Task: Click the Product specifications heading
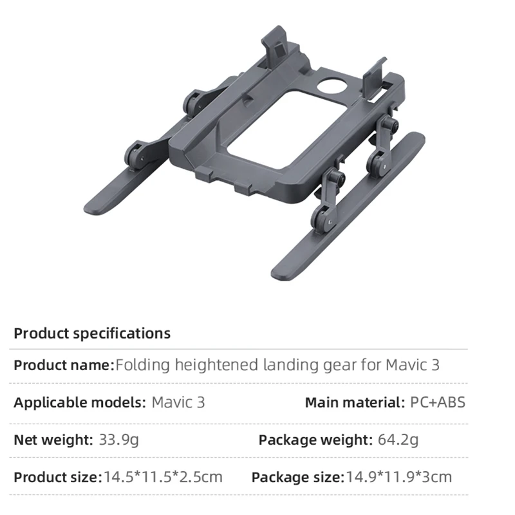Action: tap(92, 333)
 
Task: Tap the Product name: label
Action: tap(64, 365)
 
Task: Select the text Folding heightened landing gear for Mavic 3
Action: tap(277, 365)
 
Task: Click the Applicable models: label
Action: tap(80, 403)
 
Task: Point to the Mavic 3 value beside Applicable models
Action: tap(178, 403)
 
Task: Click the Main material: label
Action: tap(355, 403)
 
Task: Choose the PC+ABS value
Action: tap(438, 403)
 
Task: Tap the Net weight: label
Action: tap(53, 440)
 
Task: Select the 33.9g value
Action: tap(118, 440)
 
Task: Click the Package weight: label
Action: tap(315, 440)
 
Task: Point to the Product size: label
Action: tap(58, 477)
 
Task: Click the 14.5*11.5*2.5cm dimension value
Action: tap(163, 477)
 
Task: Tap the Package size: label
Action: tap(297, 477)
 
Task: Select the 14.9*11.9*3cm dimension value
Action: tap(399, 477)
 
